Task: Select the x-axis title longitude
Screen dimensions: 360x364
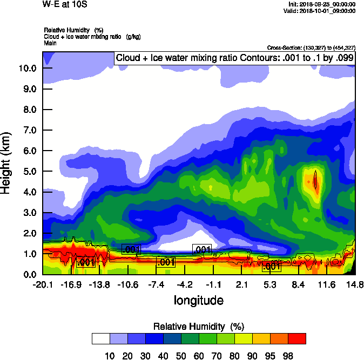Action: point(198,300)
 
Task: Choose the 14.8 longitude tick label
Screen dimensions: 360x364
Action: point(355,284)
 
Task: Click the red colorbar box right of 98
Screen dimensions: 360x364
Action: point(296,339)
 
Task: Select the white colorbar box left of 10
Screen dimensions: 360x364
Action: point(100,339)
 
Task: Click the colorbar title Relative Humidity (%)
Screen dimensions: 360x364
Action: point(199,327)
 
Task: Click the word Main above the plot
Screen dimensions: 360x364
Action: point(50,42)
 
